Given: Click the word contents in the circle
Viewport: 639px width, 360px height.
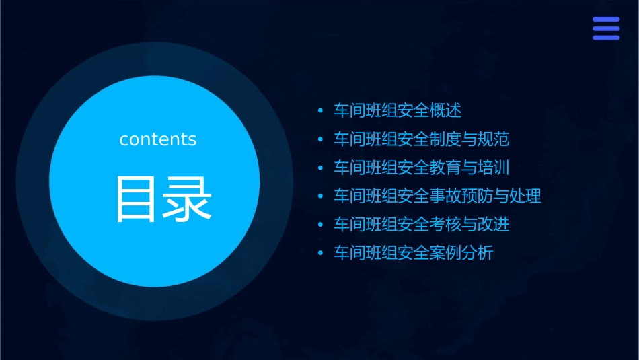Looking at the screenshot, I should (x=158, y=139).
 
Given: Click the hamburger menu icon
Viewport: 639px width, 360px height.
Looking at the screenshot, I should (x=606, y=28).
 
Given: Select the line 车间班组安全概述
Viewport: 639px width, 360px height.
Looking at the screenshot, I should (x=398, y=110).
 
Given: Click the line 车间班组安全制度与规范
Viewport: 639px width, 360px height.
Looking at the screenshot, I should (x=422, y=139).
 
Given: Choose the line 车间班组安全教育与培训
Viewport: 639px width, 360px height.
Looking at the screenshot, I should (x=422, y=168).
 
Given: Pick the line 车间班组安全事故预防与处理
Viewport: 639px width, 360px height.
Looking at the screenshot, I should (x=438, y=196).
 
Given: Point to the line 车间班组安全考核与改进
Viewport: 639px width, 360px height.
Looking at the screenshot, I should (x=422, y=225).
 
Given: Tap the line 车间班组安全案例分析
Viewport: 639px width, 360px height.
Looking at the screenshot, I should (x=414, y=254).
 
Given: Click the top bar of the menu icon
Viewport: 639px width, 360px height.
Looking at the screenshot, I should (x=606, y=20).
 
